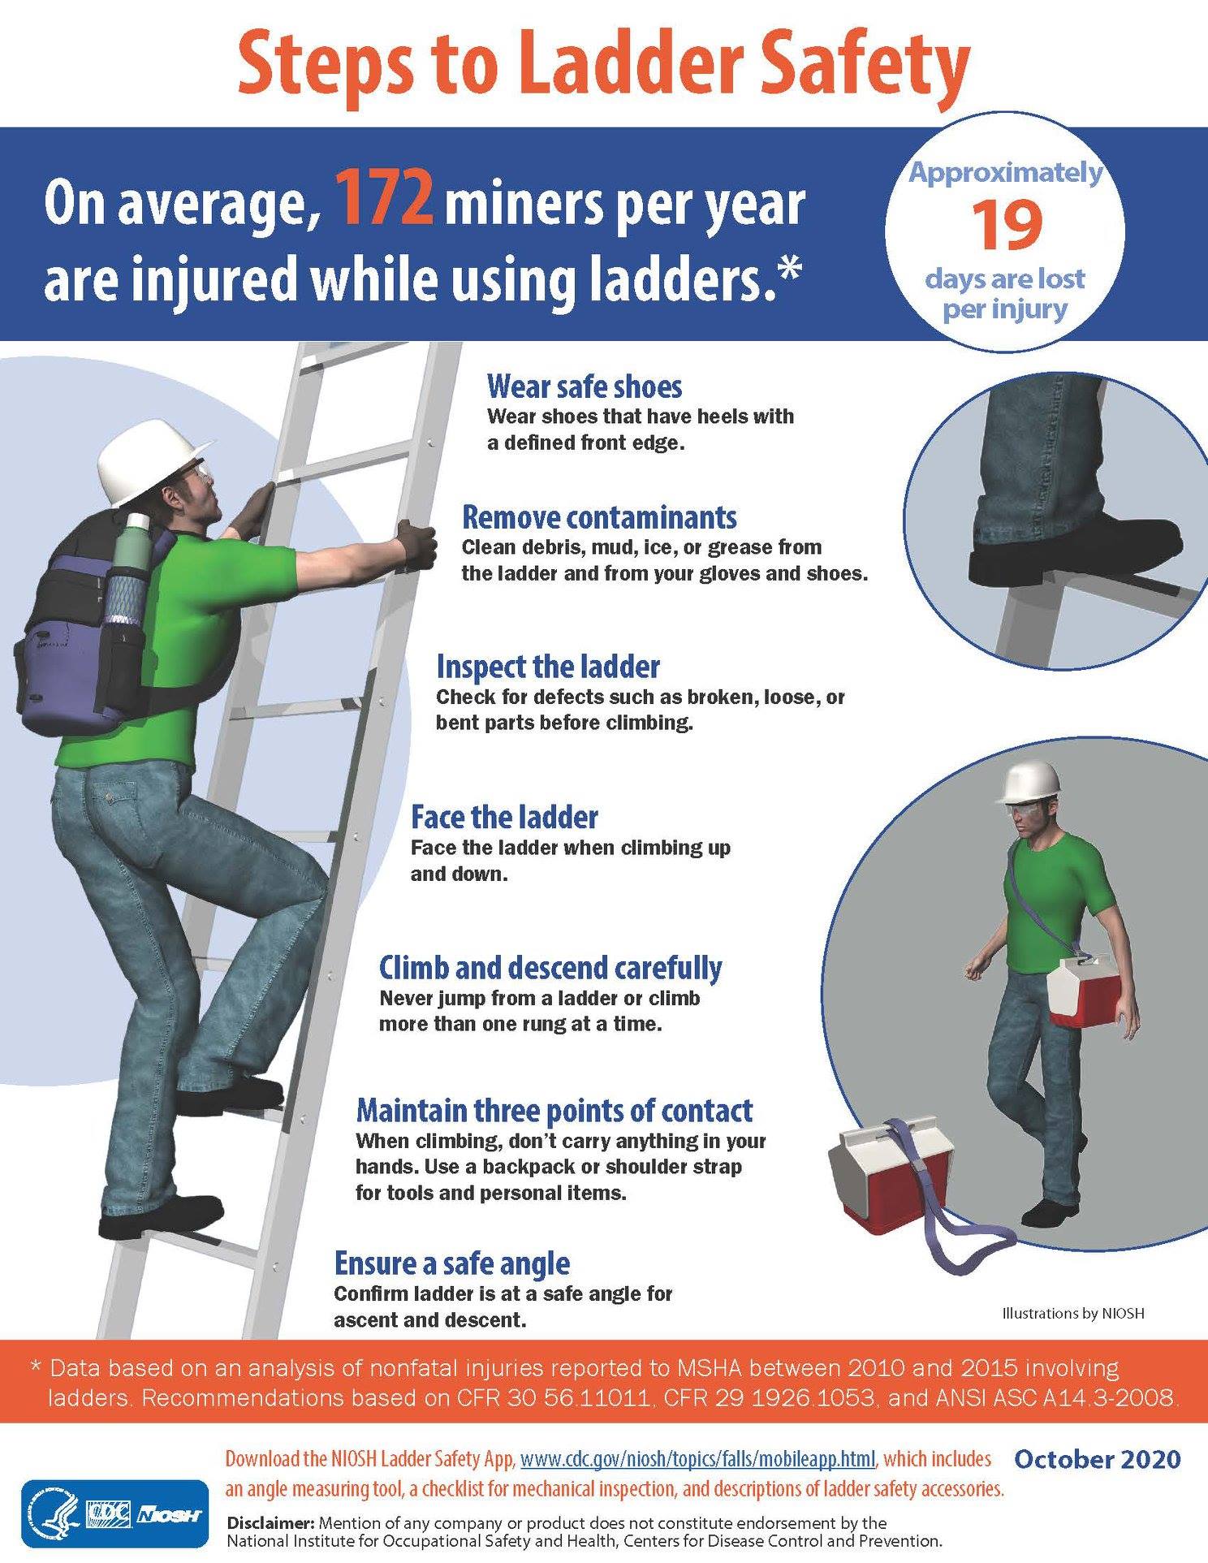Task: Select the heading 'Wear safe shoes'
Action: (x=585, y=386)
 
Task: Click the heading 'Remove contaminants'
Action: (x=599, y=517)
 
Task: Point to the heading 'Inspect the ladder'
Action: (x=548, y=667)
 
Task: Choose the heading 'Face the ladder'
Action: (x=504, y=816)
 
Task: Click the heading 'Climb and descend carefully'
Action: (x=550, y=968)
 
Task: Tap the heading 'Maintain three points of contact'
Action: (x=554, y=1110)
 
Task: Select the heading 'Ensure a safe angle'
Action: (x=452, y=1263)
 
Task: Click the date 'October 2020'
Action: (x=1098, y=1459)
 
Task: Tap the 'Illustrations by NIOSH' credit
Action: (x=1073, y=1313)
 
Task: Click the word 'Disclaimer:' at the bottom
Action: (x=272, y=1522)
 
